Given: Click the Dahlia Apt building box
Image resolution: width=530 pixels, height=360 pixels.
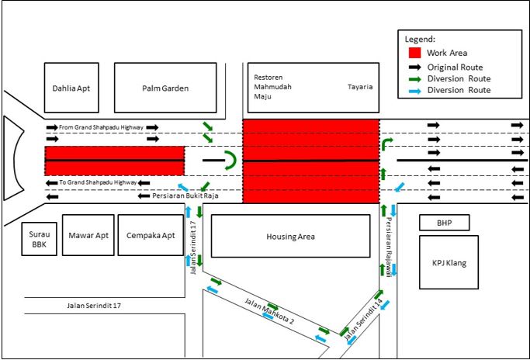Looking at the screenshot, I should point(71,88).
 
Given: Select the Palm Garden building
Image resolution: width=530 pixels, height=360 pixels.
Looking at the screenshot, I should point(165,88).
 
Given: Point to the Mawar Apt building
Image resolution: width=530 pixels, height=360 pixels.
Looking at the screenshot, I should point(89,235).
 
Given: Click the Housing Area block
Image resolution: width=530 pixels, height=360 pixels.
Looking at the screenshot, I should point(290,236).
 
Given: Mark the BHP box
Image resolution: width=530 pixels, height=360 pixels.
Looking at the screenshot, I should point(443,223).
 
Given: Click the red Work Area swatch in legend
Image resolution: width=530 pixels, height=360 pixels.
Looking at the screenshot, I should point(414,53).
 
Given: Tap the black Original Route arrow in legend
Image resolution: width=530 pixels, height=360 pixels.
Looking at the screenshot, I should point(414,67).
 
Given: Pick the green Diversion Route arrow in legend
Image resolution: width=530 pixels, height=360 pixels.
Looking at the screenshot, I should point(414,78).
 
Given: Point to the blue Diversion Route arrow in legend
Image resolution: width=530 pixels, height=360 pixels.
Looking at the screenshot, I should point(414,90).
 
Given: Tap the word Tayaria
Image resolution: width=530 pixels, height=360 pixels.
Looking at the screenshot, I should point(360,87).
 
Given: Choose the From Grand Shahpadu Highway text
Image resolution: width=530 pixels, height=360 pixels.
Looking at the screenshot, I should point(101,126).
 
